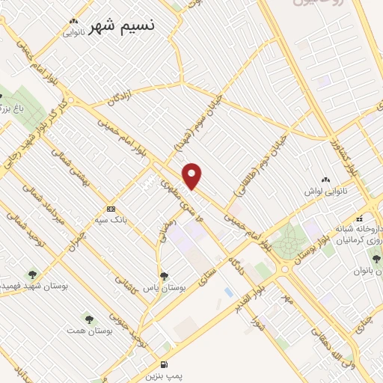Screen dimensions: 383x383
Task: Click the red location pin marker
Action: click(x=194, y=175)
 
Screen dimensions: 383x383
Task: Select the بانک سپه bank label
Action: click(x=111, y=221)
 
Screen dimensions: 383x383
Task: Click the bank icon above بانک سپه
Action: click(x=111, y=209)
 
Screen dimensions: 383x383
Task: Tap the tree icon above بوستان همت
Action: click(x=93, y=316)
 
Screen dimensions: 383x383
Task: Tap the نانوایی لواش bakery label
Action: click(x=325, y=193)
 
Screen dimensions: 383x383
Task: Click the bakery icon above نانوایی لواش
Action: click(x=325, y=180)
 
